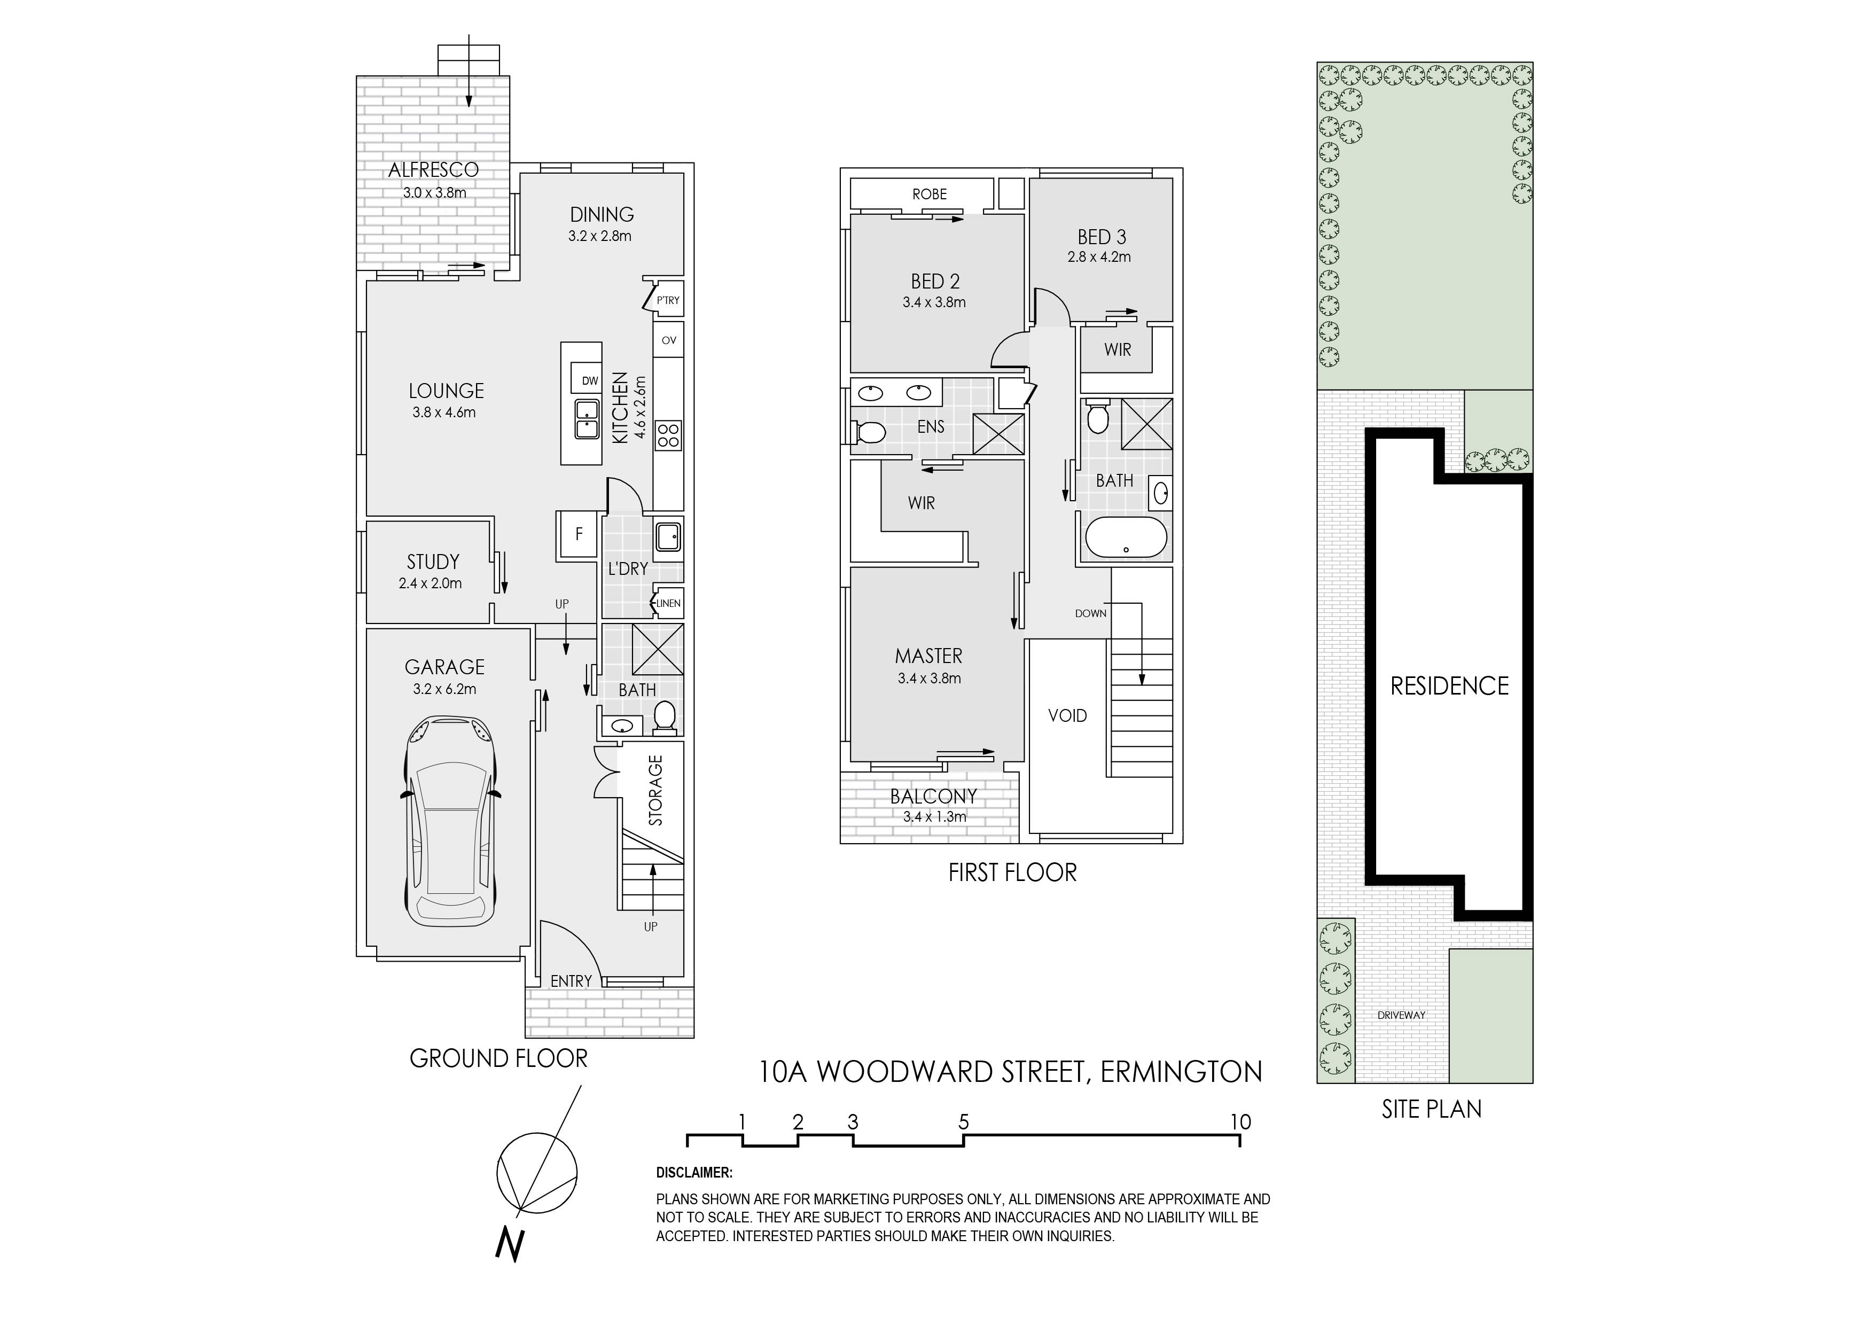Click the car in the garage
tap(450, 821)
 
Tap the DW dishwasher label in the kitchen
tap(589, 380)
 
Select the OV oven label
tap(668, 340)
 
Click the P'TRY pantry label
tap(668, 300)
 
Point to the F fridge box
tap(579, 535)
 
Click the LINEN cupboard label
tap(668, 603)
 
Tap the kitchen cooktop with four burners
tap(668, 434)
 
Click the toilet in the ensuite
tap(869, 431)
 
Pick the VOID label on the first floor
tap(1067, 716)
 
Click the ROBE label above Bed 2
tap(930, 194)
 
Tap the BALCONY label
tap(933, 796)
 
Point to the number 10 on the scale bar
tap(1240, 1122)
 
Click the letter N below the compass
tap(510, 1244)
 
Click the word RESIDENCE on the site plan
tap(1450, 686)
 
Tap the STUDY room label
tap(433, 562)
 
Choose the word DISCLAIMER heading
tap(694, 1173)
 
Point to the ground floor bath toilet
tap(665, 716)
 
